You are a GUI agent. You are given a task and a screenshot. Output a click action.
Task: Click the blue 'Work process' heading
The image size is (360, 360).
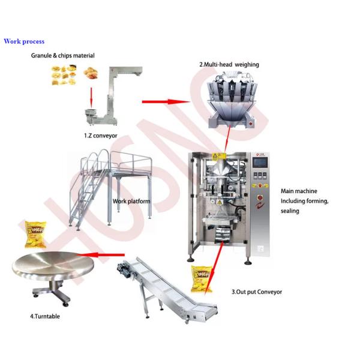(x=24, y=41)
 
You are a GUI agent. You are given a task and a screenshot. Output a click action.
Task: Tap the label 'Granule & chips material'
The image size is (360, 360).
(x=62, y=56)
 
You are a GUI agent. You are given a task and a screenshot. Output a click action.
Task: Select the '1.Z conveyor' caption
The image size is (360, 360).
(x=101, y=136)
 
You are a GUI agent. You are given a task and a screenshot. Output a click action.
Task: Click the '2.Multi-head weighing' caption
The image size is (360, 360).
(x=229, y=65)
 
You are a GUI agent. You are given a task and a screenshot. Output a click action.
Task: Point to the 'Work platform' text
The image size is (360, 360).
(x=131, y=202)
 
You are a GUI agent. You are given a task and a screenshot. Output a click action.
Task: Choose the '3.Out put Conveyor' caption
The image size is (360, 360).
(x=257, y=292)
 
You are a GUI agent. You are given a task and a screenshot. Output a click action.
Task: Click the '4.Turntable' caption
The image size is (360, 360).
(x=45, y=316)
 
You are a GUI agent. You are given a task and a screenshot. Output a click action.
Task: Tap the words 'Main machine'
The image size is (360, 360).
(x=299, y=191)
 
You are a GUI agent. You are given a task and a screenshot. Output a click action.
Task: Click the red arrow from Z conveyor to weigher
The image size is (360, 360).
(x=166, y=102)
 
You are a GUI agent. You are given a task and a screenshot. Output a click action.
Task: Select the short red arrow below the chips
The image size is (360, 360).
(x=91, y=97)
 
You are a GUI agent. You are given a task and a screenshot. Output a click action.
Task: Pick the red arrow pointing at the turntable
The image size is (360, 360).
(x=100, y=254)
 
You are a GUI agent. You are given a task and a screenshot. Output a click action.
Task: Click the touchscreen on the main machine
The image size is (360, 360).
(x=260, y=163)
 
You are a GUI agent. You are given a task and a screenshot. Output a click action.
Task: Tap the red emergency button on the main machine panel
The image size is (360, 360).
(x=260, y=197)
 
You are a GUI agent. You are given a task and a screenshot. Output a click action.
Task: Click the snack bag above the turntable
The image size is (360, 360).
(x=35, y=235)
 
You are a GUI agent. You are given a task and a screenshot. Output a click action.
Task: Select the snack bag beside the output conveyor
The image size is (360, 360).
(x=202, y=279)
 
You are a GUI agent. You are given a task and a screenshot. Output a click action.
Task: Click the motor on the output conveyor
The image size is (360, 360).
(x=124, y=268)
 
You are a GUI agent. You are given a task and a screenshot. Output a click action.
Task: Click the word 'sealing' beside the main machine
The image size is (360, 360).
(x=290, y=211)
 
